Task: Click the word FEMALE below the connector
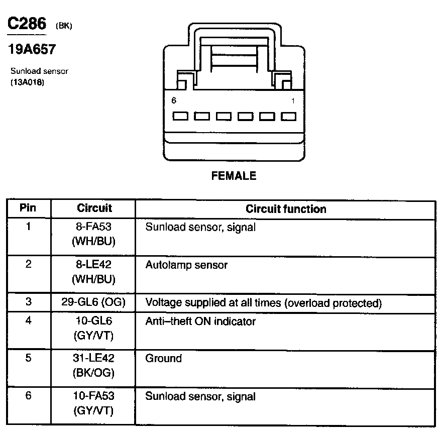pyautogui.click(x=234, y=176)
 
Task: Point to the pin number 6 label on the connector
pyautogui.click(x=174, y=101)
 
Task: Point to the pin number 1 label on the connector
pyautogui.click(x=293, y=101)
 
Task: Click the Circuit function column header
pyautogui.click(x=285, y=209)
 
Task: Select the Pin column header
pyautogui.click(x=28, y=208)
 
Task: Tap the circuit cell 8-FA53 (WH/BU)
pyautogui.click(x=94, y=234)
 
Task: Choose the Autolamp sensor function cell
pyautogui.click(x=186, y=265)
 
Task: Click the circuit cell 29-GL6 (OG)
pyautogui.click(x=94, y=302)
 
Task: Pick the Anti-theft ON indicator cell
pyautogui.click(x=200, y=321)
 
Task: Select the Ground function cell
pyautogui.click(x=163, y=359)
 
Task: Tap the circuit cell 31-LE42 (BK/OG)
pyautogui.click(x=94, y=366)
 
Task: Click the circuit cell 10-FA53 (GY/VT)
pyautogui.click(x=94, y=403)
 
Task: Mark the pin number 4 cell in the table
pyautogui.click(x=28, y=321)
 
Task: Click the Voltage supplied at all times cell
pyautogui.click(x=263, y=303)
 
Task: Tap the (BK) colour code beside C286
pyautogui.click(x=63, y=26)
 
